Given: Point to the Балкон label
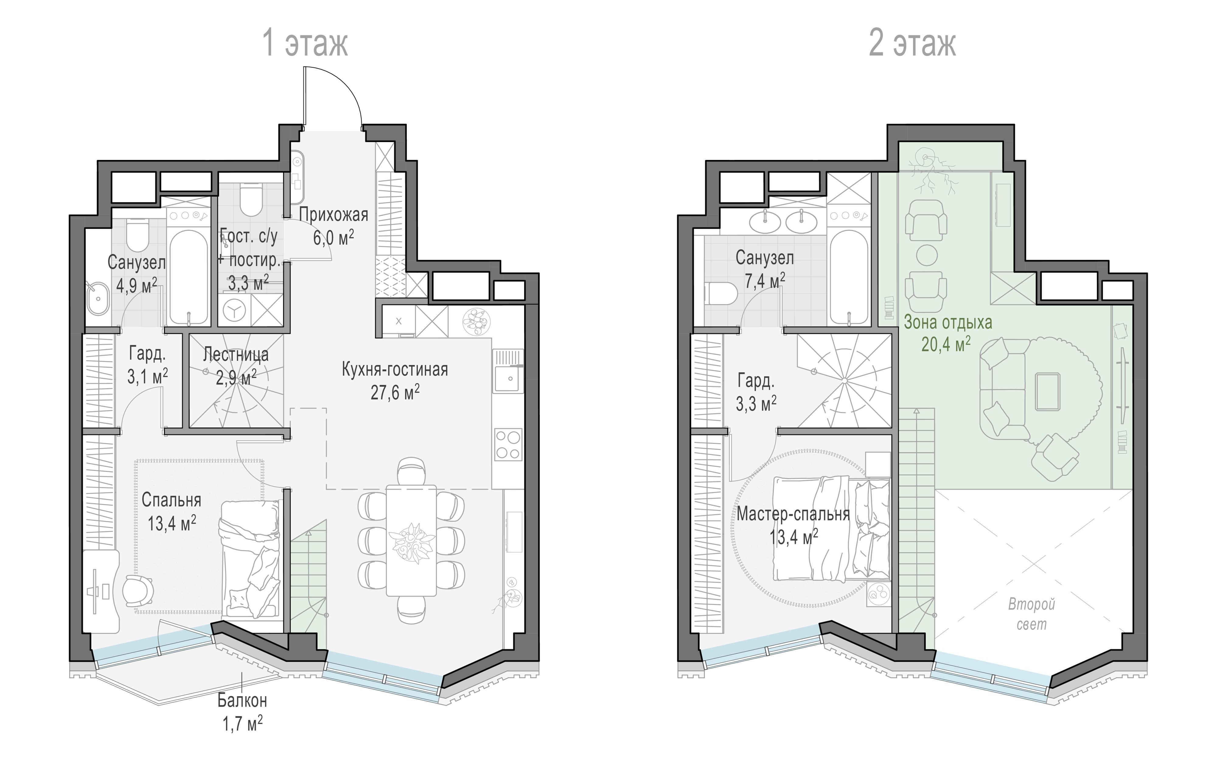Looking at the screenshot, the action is pyautogui.click(x=242, y=701).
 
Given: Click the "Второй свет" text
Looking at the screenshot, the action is pyautogui.click(x=1031, y=614).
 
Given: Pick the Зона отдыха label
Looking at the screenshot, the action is pyautogui.click(x=948, y=322).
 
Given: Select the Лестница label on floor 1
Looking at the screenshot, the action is pyautogui.click(x=235, y=355).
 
